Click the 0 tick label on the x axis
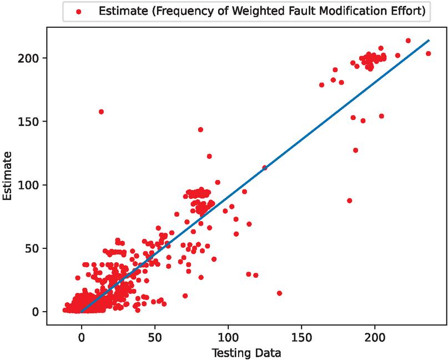(x=82, y=337)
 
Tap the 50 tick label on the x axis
(x=155, y=337)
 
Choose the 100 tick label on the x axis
(x=228, y=337)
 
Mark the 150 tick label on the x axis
(x=301, y=337)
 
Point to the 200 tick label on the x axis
(x=375, y=337)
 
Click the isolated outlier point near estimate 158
(x=101, y=112)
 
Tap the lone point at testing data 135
(x=279, y=293)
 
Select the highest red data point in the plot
(x=408, y=41)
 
